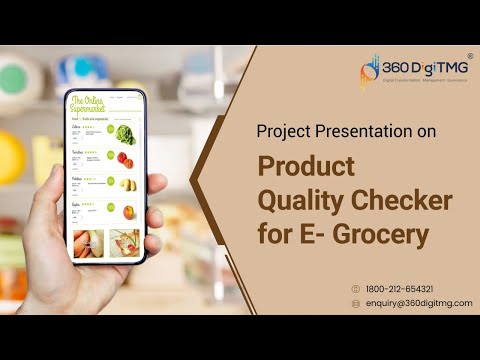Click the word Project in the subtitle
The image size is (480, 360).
tap(284, 131)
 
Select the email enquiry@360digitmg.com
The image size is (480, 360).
tap(419, 303)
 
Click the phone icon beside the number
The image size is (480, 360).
tap(355, 289)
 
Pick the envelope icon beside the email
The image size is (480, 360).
tap(355, 303)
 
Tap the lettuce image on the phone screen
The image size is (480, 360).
tap(125, 134)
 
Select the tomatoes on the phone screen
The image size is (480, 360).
tap(125, 159)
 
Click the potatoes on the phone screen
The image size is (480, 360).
tap(126, 184)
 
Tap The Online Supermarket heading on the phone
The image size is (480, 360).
tap(91, 105)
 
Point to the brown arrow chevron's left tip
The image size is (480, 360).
tap(191, 187)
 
